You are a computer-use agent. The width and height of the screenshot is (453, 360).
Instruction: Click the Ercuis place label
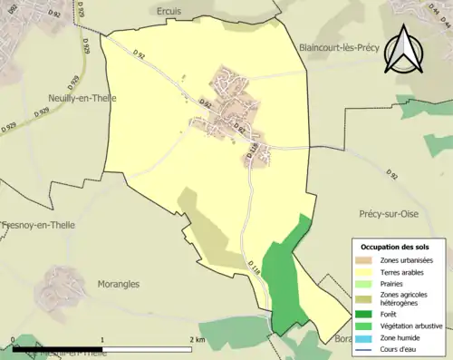tap(169, 11)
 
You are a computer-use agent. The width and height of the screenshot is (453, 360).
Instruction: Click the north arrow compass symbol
tap(402, 49)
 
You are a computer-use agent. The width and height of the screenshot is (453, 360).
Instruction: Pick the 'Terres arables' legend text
tap(404, 271)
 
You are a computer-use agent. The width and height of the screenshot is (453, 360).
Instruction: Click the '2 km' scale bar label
tap(198, 339)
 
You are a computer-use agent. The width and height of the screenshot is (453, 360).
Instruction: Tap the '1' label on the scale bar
tap(103, 339)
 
